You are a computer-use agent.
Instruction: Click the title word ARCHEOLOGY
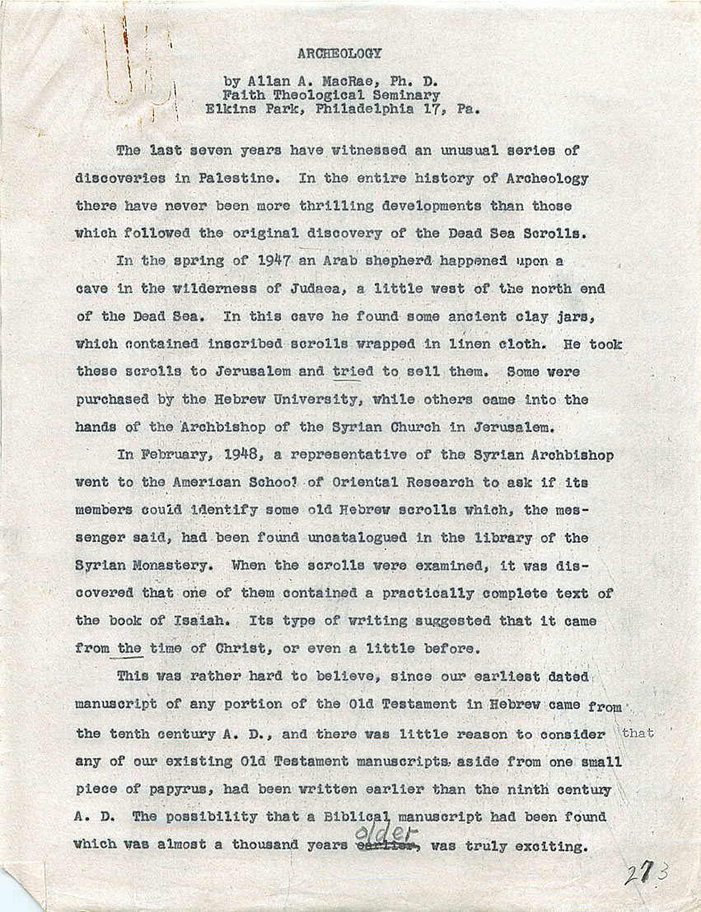click(x=339, y=54)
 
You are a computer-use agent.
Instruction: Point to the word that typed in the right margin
click(x=639, y=733)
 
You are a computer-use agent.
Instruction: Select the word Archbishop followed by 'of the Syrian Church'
click(x=221, y=427)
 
